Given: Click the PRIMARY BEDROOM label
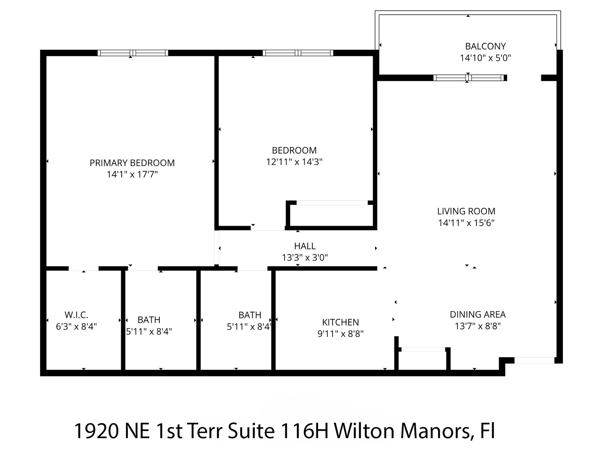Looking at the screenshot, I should pos(132,163).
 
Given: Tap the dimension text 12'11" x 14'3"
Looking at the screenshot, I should pos(294,162).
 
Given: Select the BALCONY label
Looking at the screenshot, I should pos(485,46).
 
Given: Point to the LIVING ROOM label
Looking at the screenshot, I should pos(466,211).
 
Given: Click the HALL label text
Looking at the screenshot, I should pos(305,246).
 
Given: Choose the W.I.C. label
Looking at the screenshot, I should pos(76,315).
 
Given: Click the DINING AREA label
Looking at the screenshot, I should pos(478,314).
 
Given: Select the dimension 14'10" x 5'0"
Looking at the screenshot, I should pos(485,58).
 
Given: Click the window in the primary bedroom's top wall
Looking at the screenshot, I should pos(133,53).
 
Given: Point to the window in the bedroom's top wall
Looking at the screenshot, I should pos(298,53).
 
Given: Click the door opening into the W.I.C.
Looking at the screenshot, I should pos(83,269).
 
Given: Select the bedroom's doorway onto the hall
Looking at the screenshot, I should pos(268,228).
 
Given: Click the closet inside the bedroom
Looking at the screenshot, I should pos(331,216).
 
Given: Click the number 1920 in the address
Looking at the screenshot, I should pos(96,431).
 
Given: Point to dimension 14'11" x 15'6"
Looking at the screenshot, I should pos(466,223).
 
